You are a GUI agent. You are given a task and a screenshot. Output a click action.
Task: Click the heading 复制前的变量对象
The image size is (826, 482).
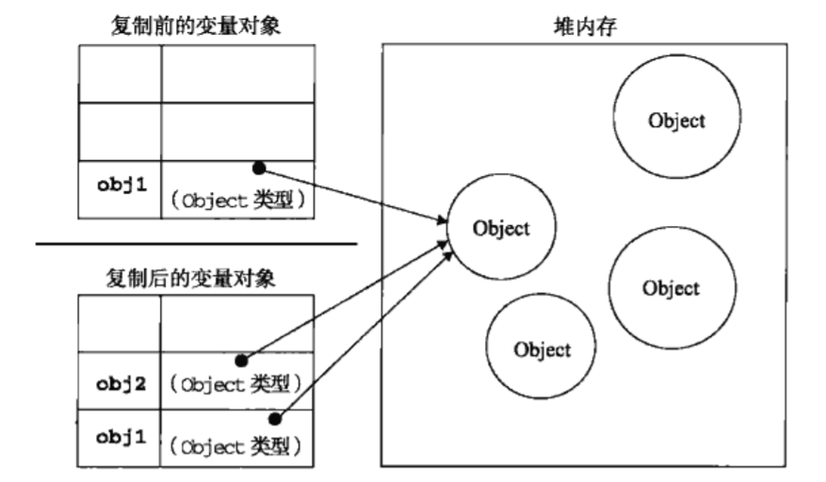tap(196, 26)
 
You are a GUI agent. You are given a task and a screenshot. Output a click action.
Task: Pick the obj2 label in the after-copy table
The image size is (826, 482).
tap(121, 383)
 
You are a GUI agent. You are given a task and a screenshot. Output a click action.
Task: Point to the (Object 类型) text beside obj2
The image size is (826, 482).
tap(237, 384)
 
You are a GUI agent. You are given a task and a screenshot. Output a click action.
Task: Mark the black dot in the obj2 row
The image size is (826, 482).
tap(241, 360)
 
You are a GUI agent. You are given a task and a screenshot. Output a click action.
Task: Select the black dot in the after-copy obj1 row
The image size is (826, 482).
tap(274, 418)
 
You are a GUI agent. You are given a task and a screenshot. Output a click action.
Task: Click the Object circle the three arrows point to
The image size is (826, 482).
tap(501, 228)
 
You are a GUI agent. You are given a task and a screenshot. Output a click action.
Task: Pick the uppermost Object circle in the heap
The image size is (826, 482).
tap(676, 120)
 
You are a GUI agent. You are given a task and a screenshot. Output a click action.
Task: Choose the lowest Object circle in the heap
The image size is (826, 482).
tap(542, 349)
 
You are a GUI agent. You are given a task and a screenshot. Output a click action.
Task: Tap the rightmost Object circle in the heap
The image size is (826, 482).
tap(671, 288)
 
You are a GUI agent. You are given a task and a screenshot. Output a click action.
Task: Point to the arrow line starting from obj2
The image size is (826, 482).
tap(343, 302)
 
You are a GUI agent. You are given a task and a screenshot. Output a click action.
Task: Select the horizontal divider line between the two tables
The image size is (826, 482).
tap(196, 244)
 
